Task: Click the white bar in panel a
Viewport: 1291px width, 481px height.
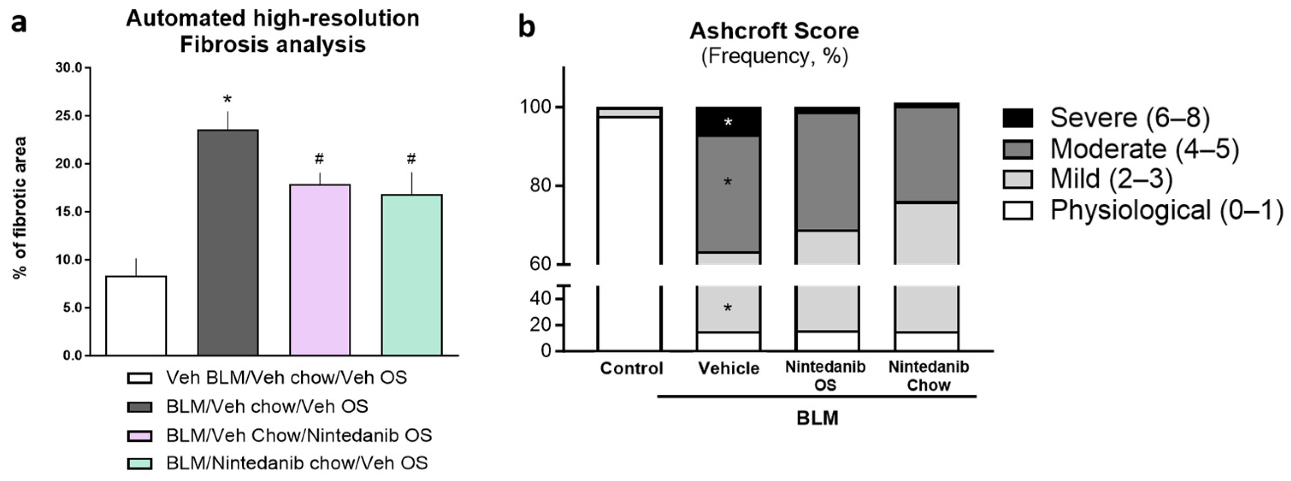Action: point(136,316)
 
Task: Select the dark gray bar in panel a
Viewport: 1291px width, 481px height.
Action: point(228,242)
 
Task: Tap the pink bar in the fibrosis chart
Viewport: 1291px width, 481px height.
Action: point(320,270)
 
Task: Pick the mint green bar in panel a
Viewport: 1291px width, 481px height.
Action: point(412,275)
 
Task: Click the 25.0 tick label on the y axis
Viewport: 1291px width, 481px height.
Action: point(69,116)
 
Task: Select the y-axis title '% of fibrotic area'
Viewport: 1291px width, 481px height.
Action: point(20,207)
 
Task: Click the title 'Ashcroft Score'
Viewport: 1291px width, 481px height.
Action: point(774,31)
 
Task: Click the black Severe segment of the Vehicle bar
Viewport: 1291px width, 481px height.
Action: point(729,122)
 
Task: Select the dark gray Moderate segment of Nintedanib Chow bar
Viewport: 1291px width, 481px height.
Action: point(927,155)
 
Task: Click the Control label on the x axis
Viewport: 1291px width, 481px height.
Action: point(631,369)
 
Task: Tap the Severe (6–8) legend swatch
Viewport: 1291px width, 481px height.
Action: point(1018,118)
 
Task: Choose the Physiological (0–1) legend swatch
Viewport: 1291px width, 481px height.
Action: point(1018,210)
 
